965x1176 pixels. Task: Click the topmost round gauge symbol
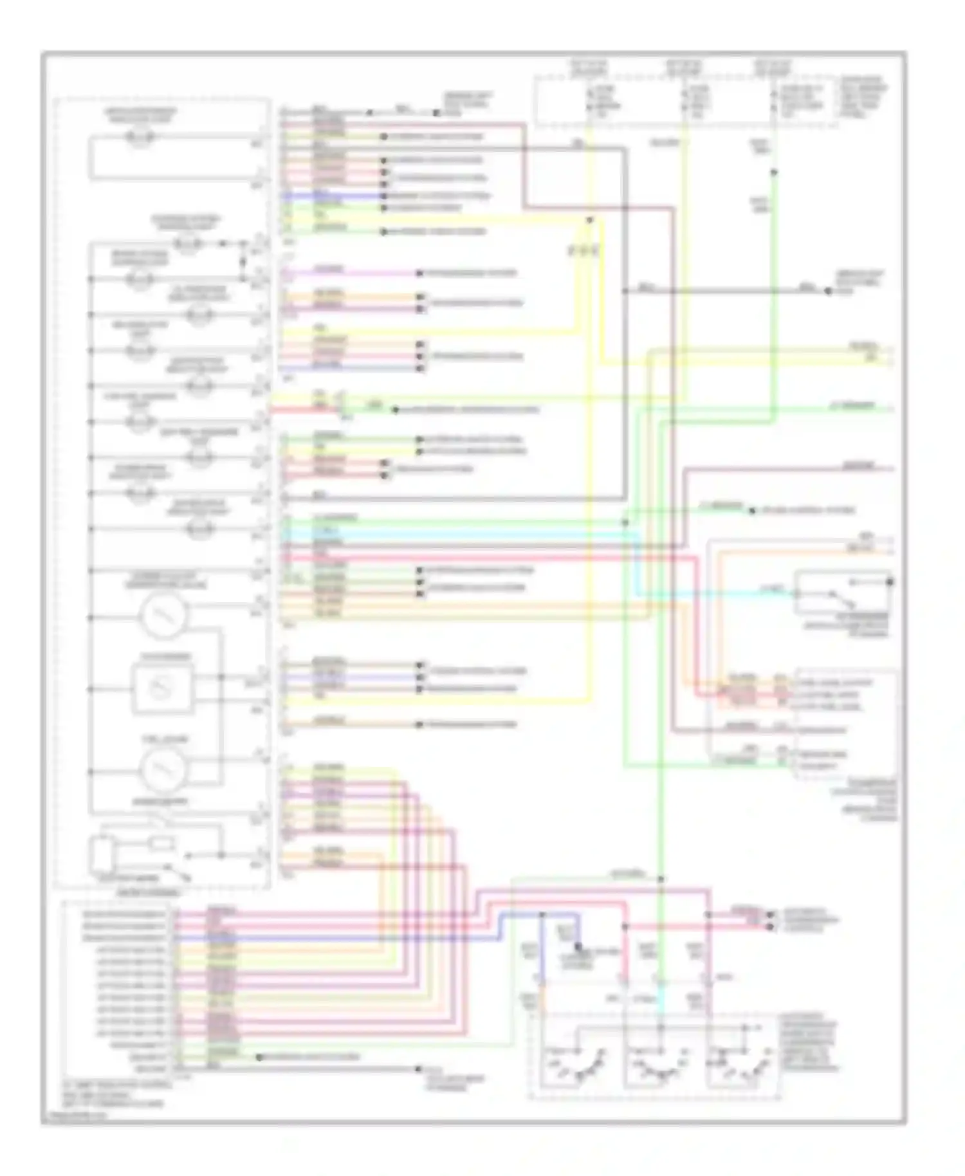(164, 616)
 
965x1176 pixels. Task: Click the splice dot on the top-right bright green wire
(774, 172)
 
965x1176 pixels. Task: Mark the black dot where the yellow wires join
(589, 221)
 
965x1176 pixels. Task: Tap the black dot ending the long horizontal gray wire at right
(829, 291)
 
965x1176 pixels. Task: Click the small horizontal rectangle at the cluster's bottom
(161, 843)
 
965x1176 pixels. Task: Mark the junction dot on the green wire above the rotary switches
(661, 879)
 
